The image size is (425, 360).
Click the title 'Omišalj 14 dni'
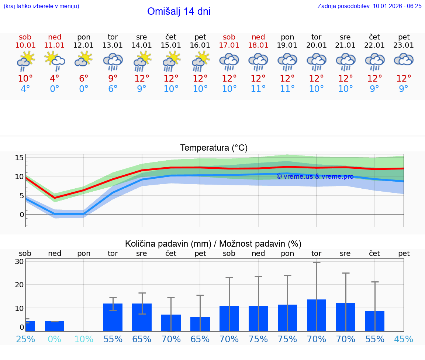pos(179,11)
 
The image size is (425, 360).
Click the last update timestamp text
pos(369,6)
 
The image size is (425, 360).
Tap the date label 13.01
pos(113,45)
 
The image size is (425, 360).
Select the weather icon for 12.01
pos(83,59)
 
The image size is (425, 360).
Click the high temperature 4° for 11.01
pos(54,78)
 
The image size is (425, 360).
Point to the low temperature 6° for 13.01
pos(113,89)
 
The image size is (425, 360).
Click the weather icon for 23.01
pos(404,59)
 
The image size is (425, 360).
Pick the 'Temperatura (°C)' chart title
pos(214,148)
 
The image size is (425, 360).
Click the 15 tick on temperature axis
pos(19,158)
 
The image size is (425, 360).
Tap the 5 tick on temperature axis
pos(21,196)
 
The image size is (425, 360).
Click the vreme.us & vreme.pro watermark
pos(315,176)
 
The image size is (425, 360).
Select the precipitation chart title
pos(213,244)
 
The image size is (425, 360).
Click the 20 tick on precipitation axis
pos(19,285)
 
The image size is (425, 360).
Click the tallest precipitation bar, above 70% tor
pos(317,315)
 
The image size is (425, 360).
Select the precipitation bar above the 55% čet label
pos(374,321)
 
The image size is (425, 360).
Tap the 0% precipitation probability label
pos(54,339)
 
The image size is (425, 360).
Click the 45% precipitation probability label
pos(404,339)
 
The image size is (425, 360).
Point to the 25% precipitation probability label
pos(25,339)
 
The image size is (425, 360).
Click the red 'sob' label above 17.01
pos(229,37)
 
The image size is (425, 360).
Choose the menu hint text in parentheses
pos(41,6)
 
